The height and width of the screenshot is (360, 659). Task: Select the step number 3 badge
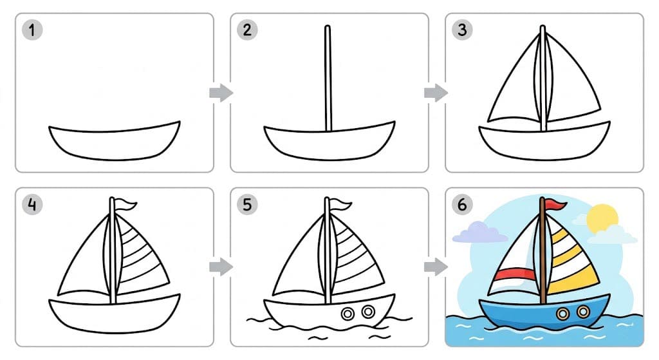[x=461, y=30]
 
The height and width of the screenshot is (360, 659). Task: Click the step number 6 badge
[x=461, y=205]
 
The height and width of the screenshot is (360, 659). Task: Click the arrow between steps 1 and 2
[x=221, y=93]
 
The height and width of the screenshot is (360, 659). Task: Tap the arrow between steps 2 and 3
[x=436, y=93]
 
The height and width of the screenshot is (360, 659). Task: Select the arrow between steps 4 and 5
[x=221, y=267]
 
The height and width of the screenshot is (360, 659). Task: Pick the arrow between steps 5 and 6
[x=436, y=267]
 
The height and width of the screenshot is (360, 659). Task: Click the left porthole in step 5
[x=348, y=314]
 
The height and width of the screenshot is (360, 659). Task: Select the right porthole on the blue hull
[x=583, y=312]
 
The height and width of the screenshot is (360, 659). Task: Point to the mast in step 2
[x=328, y=77]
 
